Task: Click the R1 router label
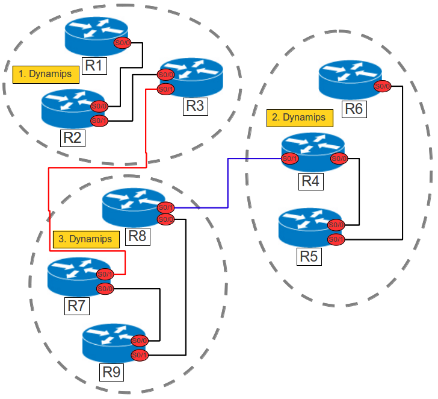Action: tap(94, 64)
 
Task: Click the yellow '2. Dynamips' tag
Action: tap(299, 117)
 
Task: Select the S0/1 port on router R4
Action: tap(291, 159)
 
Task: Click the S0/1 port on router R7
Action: tap(105, 274)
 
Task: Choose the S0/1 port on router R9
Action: tap(139, 354)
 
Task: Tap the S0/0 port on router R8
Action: tap(166, 219)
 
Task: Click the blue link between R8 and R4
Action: tap(227, 181)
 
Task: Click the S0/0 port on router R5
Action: tap(336, 225)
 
